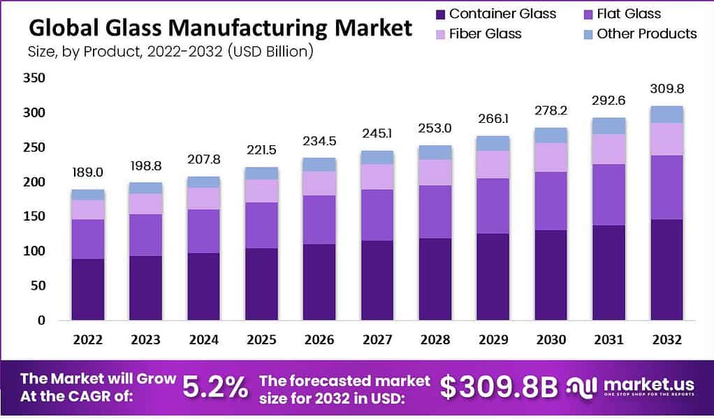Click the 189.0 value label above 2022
click(x=87, y=172)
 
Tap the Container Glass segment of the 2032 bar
click(x=666, y=270)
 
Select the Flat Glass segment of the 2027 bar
click(x=377, y=214)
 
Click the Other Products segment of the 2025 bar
click(x=261, y=173)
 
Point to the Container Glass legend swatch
click(x=439, y=14)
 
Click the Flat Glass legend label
click(x=629, y=14)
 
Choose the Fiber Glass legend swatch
click(x=439, y=34)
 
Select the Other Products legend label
click(x=646, y=34)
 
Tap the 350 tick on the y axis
click(x=34, y=78)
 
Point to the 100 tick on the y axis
click(x=34, y=251)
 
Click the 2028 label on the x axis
click(x=435, y=339)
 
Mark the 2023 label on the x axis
click(x=145, y=339)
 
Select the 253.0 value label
click(x=435, y=128)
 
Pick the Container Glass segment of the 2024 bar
click(x=203, y=286)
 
